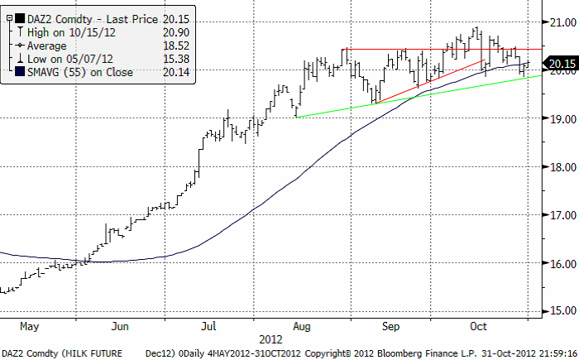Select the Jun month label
coord(122,326)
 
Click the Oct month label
coord(477,326)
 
